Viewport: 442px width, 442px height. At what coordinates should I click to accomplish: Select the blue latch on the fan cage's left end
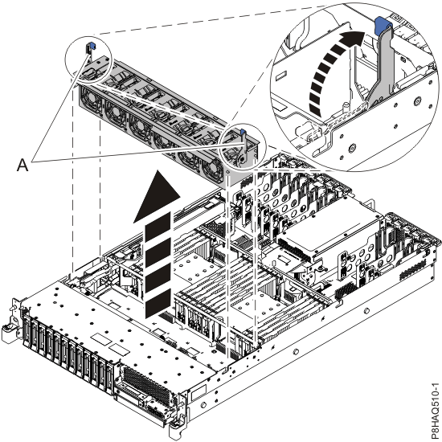[x=90, y=50]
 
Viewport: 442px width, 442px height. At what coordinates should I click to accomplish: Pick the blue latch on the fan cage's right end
[x=242, y=131]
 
